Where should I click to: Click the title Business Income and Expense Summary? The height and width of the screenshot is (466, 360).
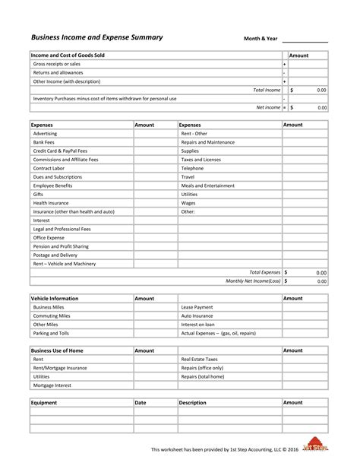click(x=96, y=37)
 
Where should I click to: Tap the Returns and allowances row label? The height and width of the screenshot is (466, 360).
click(x=59, y=73)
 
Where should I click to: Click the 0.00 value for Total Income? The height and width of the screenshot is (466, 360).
click(x=321, y=90)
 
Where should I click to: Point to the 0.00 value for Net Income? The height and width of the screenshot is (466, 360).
click(x=321, y=107)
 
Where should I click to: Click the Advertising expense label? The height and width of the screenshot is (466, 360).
click(x=46, y=133)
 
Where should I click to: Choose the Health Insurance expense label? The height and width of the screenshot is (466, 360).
click(x=51, y=203)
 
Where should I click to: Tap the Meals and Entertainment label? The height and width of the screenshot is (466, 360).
click(x=207, y=185)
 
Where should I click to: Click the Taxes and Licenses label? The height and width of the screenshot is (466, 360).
click(x=201, y=160)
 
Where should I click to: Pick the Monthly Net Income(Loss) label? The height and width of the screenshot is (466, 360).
click(x=253, y=281)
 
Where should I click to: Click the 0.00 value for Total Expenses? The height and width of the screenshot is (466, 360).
click(x=321, y=272)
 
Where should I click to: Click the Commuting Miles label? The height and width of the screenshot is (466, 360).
click(x=52, y=315)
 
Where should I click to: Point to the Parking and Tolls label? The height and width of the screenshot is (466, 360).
click(x=51, y=333)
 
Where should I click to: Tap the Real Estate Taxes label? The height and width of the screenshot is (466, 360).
click(x=199, y=359)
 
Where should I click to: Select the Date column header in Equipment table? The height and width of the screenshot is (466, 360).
click(x=141, y=402)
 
